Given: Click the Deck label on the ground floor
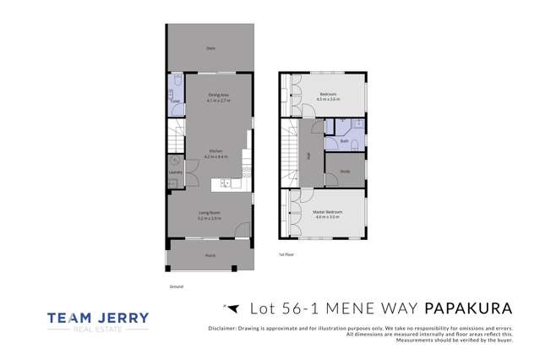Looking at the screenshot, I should [x=210, y=48].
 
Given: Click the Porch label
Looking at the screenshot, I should [x=210, y=254].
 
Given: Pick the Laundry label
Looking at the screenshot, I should [x=175, y=172].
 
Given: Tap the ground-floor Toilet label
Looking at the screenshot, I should [x=174, y=101].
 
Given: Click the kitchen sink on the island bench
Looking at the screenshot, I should [x=226, y=183].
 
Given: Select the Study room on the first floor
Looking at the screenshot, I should [x=346, y=172].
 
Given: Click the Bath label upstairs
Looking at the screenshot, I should [x=345, y=141].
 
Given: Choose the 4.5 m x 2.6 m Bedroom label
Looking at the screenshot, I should [x=328, y=96].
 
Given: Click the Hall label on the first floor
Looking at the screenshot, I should [x=309, y=155].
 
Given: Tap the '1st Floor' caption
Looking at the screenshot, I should [x=286, y=254].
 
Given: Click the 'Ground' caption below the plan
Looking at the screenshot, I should [x=176, y=287].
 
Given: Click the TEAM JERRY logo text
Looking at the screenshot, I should [x=98, y=318].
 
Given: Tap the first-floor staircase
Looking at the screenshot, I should [x=291, y=156].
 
